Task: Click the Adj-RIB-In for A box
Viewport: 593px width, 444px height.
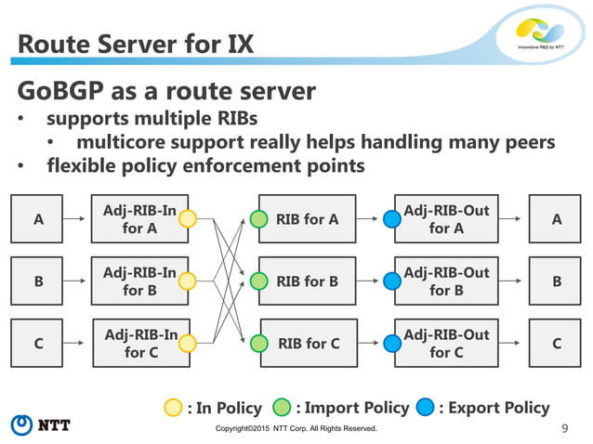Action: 139,219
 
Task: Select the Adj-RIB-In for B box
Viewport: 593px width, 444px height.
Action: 139,281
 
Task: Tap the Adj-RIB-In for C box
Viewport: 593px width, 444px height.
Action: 139,343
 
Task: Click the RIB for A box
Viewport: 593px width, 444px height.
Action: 306,219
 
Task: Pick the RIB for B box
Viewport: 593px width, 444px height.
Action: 306,281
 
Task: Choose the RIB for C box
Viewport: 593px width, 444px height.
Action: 306,343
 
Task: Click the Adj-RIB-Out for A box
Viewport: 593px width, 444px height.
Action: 446,219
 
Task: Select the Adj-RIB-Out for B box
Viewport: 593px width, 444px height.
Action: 446,281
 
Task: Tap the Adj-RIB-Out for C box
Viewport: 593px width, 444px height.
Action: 446,343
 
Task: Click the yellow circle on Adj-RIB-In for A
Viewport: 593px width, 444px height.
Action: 187,220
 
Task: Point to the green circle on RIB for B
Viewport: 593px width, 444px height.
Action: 260,281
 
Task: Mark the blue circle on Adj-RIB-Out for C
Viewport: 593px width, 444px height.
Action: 393,344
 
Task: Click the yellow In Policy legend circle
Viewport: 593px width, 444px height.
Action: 174,407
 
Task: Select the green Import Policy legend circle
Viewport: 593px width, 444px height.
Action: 283,407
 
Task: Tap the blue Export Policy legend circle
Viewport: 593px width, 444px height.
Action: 427,407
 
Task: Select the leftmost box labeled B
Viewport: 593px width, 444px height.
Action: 38,281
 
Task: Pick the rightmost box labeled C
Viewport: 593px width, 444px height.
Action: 556,343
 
